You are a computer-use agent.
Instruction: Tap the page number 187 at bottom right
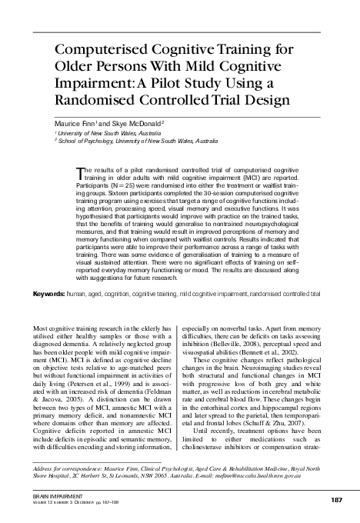tap(335, 500)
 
